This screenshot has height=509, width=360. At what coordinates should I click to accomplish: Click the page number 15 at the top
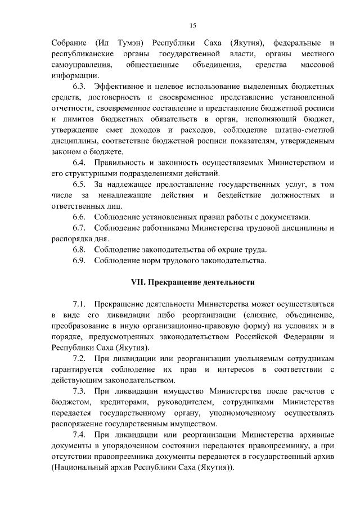tap(192, 25)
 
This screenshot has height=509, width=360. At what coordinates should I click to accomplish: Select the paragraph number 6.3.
tap(79, 87)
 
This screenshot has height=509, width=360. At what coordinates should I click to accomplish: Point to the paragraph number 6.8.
tap(79, 249)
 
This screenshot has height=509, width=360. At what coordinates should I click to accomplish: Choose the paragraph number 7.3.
tap(79, 391)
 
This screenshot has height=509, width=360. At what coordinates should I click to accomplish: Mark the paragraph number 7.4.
tap(79, 434)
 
